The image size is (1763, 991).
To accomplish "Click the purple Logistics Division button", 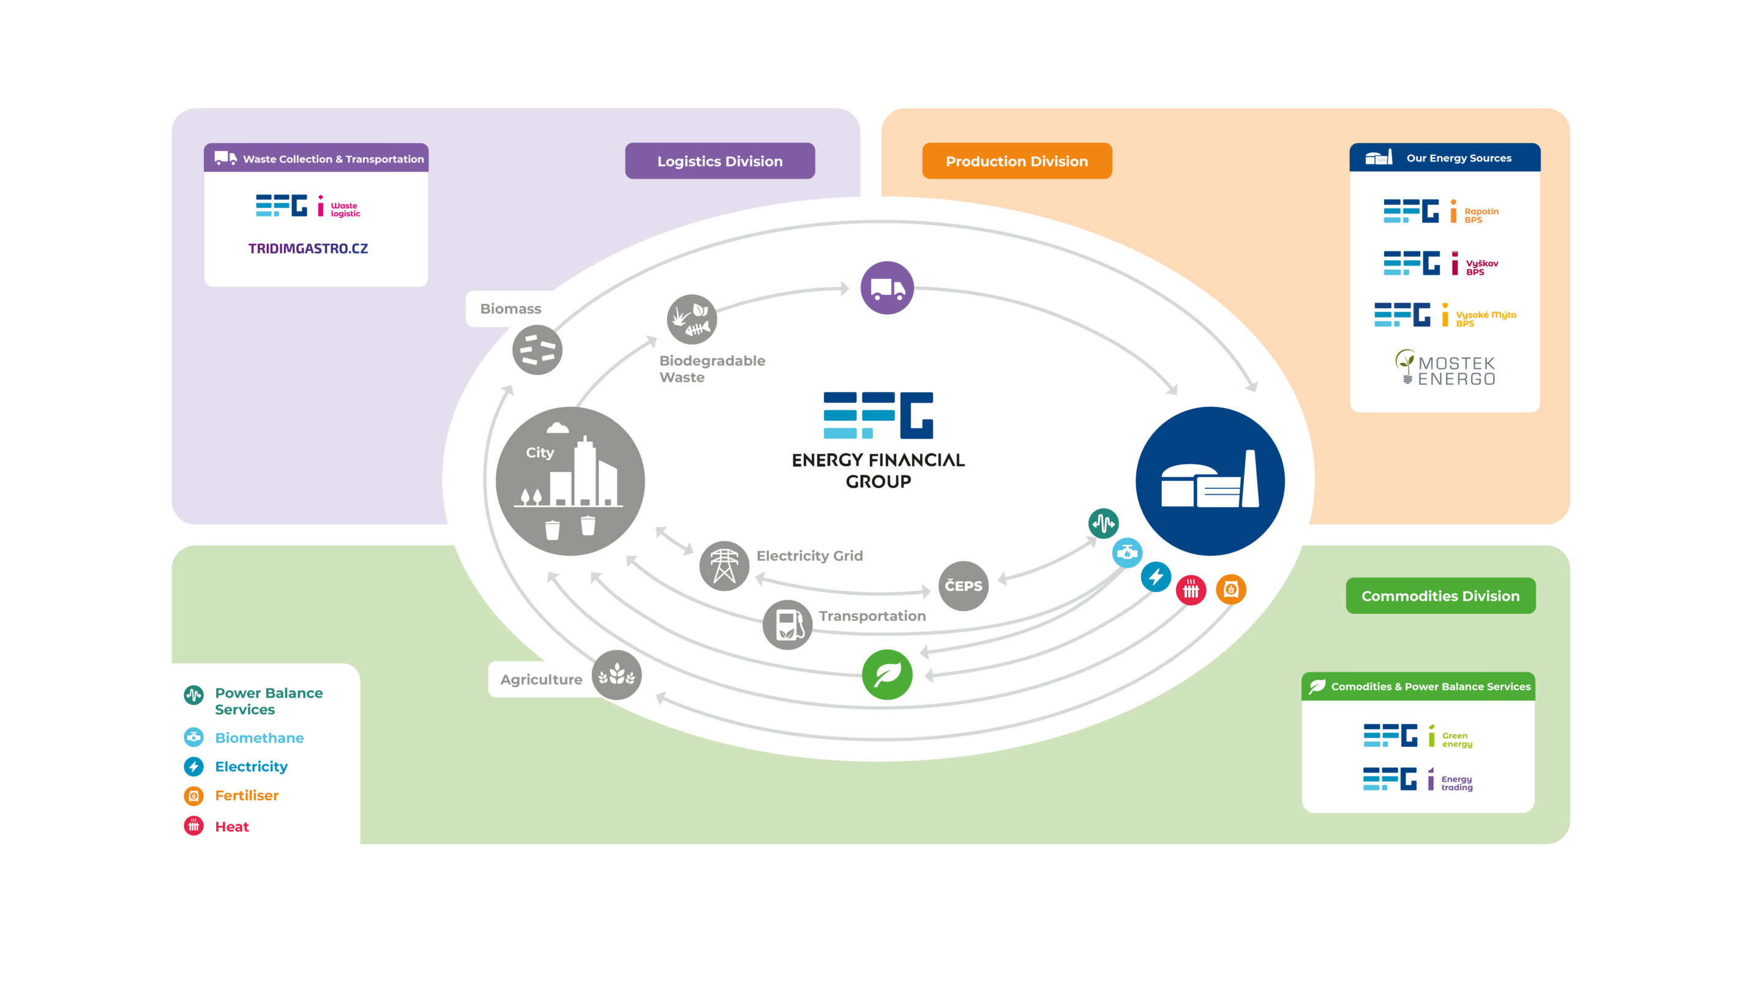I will [x=719, y=161].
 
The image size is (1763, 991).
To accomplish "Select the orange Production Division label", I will [x=1016, y=161].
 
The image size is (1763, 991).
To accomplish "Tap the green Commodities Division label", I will [x=1440, y=596].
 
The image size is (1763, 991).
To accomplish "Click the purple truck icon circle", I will [x=887, y=288].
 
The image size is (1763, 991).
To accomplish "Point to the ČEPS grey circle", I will [x=963, y=585].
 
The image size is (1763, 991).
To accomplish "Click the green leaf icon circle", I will [x=887, y=674].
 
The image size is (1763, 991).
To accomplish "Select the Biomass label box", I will [x=510, y=308].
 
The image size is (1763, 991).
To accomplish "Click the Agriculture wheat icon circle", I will [x=616, y=675].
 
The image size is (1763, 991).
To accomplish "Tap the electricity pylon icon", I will [x=724, y=566].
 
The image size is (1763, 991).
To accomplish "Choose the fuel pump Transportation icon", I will [x=787, y=625].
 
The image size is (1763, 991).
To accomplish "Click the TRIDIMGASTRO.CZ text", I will [x=308, y=248].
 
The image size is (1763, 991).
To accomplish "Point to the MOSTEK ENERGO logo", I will [x=1445, y=369].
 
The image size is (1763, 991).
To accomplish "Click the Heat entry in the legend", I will [x=231, y=826].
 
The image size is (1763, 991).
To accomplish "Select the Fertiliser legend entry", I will [x=246, y=795].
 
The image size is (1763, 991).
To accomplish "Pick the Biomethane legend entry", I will [x=259, y=737].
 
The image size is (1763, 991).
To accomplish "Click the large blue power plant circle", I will [x=1210, y=481].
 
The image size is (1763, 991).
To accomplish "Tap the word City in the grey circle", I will [x=539, y=452].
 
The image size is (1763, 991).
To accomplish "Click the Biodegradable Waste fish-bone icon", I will [x=691, y=319].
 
